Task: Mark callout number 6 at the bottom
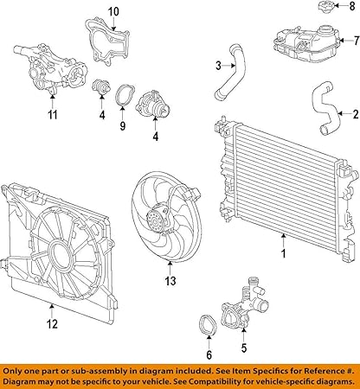[x=208, y=354]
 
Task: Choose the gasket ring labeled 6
[x=209, y=328]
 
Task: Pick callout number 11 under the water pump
[x=52, y=114]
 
